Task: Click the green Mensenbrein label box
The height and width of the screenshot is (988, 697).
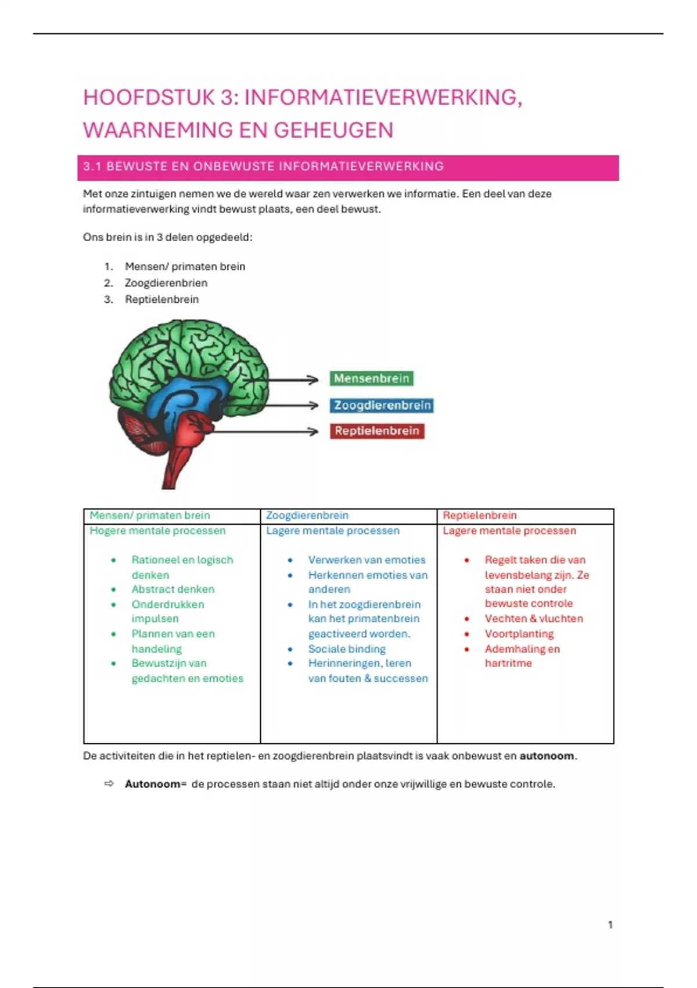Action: coord(372,379)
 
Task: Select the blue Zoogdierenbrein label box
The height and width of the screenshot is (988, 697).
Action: coord(382,406)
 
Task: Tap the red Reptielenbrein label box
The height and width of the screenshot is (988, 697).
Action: coord(376,431)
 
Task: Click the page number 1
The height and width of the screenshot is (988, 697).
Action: coord(610,925)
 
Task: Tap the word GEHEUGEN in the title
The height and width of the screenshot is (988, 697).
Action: coord(333,130)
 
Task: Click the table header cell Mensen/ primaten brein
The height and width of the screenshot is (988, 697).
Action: coord(150,516)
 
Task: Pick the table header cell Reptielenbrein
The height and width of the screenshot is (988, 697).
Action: coord(479,516)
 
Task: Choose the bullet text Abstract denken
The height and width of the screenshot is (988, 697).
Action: coord(173,589)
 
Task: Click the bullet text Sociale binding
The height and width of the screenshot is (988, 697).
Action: coord(347,649)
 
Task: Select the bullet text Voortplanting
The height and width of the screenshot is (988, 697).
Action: coord(519,634)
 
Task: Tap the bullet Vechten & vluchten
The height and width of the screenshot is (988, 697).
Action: coord(534,619)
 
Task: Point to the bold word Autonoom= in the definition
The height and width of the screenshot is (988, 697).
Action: coord(155,785)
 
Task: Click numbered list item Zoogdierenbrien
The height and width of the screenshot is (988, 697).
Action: coord(166,283)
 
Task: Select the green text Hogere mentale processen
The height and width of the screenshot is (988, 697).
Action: coord(157,531)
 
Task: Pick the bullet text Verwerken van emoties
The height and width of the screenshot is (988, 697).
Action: coord(367,560)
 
